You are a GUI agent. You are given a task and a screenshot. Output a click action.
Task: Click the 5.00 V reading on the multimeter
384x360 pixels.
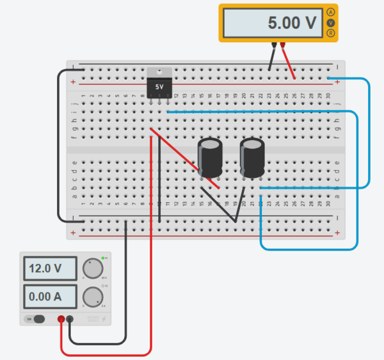[x=292, y=23]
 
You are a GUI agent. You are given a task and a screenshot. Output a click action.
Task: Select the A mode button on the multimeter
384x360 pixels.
[x=330, y=12]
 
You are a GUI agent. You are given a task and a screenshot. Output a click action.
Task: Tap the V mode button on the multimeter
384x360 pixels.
[x=330, y=23]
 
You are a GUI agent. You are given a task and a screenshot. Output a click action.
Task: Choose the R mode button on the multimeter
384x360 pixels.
[x=330, y=33]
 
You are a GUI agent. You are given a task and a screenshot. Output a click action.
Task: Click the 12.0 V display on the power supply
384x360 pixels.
[x=50, y=269]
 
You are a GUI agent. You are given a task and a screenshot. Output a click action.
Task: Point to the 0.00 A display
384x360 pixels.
[x=50, y=297]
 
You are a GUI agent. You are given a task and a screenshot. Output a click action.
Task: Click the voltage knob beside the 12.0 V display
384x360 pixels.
[x=94, y=269]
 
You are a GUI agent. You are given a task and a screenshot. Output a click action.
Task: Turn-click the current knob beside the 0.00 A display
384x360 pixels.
[x=94, y=296]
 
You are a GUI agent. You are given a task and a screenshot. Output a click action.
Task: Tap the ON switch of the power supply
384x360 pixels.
[x=35, y=319]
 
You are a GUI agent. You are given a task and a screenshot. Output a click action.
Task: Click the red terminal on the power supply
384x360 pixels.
[x=61, y=319]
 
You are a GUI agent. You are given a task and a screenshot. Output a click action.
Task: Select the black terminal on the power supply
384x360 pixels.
[x=70, y=319]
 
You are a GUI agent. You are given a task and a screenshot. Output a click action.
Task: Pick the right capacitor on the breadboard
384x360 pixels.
[x=252, y=158]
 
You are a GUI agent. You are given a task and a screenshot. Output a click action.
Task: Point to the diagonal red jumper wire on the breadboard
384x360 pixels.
[x=186, y=160]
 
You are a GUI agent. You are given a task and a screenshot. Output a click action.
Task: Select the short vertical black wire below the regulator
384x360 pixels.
[x=159, y=205]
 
